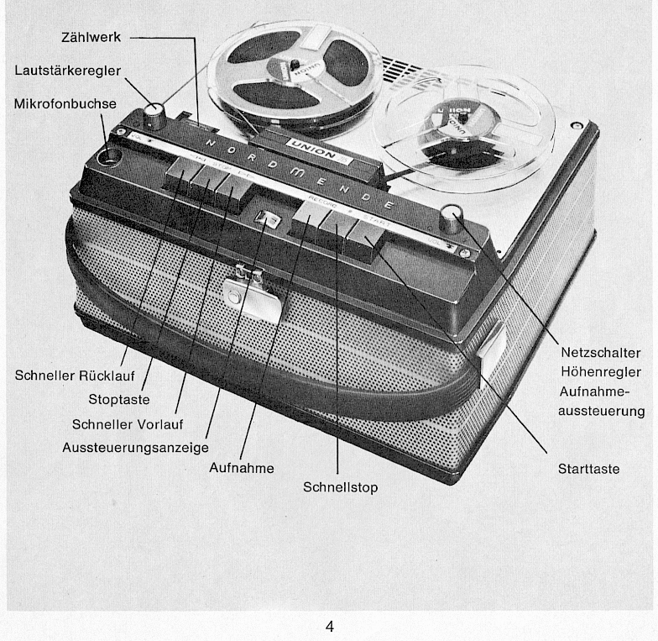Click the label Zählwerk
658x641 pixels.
coord(91,38)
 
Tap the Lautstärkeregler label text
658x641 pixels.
coord(67,71)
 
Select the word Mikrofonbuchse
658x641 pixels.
coord(65,103)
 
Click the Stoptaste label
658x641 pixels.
coord(119,399)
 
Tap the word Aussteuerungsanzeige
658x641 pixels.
coord(135,448)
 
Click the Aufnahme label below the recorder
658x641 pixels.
coord(241,468)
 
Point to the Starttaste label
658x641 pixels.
coord(588,469)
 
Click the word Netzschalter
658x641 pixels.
coord(602,353)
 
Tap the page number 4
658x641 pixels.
coord(330,626)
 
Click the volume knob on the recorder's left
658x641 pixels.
coord(154,113)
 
